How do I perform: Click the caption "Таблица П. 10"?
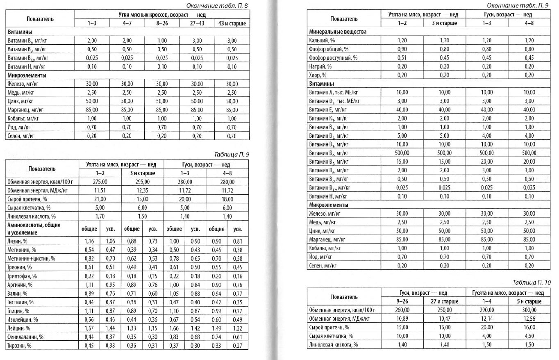pyautogui.click(x=532, y=283)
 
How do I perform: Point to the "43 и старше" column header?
pyautogui.click(x=232, y=23)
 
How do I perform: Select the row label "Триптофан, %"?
pyautogui.click(x=23, y=276)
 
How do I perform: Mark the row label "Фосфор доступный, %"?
pyautogui.click(x=333, y=58)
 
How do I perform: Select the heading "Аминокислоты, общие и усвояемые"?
pyautogui.click(x=34, y=229)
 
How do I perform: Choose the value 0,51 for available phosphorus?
pyautogui.click(x=402, y=58)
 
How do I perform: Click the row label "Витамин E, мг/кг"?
pyautogui.click(x=330, y=109)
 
